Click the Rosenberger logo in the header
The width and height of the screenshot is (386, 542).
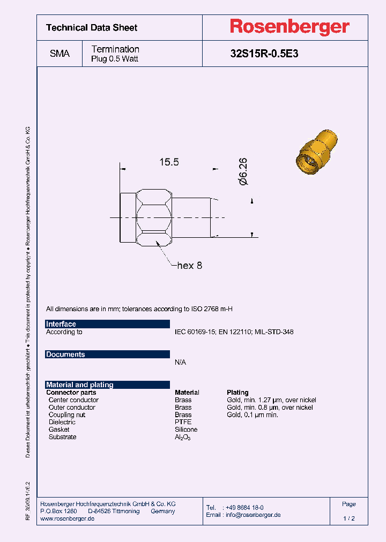coord(289,27)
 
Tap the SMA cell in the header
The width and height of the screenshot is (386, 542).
coord(60,54)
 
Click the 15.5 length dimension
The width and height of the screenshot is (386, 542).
coord(168,162)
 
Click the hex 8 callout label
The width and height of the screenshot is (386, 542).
coord(189,265)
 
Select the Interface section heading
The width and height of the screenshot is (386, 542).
coord(61,324)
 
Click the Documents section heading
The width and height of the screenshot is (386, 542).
coord(65,355)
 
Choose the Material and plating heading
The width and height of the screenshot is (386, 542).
coord(80,385)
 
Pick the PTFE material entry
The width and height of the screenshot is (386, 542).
coord(183,422)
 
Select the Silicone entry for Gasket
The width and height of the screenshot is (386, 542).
coord(186,430)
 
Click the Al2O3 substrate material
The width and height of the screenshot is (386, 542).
coord(182,437)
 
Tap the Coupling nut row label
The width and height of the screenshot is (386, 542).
coord(66,415)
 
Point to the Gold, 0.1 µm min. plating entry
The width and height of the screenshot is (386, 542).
coord(252,415)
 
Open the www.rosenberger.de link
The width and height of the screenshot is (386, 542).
coord(68,518)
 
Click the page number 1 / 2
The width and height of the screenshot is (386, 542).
coord(348,518)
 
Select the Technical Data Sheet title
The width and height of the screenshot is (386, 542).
coord(92,27)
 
